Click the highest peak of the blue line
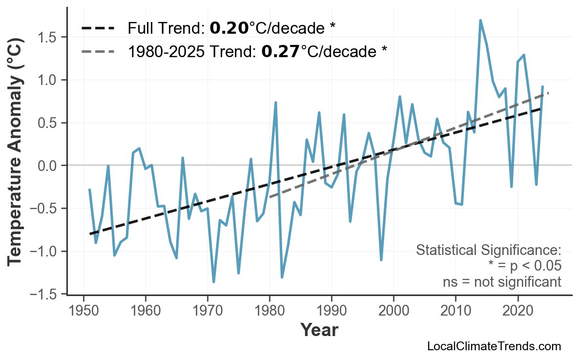point(480,21)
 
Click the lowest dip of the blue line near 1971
point(214,282)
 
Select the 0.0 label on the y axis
point(49,166)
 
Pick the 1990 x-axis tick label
point(331,311)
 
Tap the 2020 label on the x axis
point(517,311)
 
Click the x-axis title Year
point(319,331)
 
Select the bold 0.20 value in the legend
point(229,28)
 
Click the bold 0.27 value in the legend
point(281,51)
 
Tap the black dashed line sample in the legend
point(98,28)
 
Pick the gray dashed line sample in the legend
point(98,51)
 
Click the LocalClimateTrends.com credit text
point(494,347)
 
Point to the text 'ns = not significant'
point(502,282)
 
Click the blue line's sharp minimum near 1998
point(381,260)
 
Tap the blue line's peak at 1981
point(276,103)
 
